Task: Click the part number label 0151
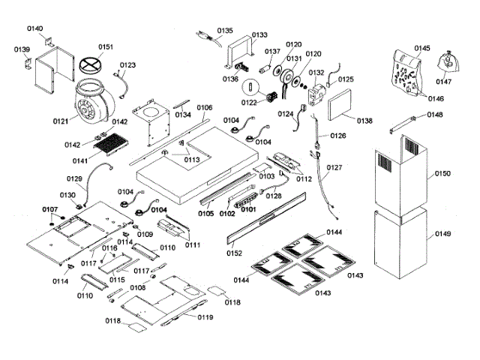106,47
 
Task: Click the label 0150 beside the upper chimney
442,174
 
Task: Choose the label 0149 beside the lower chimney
442,234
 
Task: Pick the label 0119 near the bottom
205,318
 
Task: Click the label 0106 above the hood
205,108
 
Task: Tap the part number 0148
435,115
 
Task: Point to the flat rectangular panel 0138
336,103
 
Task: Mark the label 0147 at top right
445,82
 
